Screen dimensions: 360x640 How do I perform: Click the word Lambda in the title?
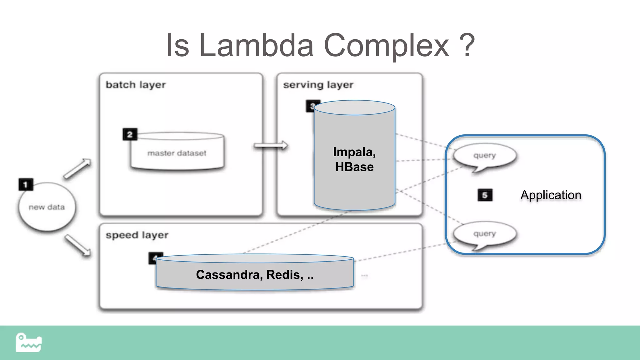tap(256, 46)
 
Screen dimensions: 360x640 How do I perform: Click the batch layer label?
tap(136, 85)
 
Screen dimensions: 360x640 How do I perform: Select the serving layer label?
tap(318, 85)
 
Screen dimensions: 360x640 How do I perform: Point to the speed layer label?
tap(137, 235)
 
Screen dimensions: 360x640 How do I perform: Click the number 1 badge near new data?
tap(26, 184)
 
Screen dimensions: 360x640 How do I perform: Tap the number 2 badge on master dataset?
tap(130, 134)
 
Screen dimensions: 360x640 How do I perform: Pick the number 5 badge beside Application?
tap(485, 195)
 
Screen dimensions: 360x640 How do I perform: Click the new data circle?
tap(47, 207)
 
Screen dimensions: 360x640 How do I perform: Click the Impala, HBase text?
tap(354, 159)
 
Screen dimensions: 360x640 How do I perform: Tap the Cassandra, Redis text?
tap(255, 275)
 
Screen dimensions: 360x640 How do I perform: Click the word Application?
tap(551, 195)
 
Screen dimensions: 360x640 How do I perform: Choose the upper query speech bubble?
tap(485, 156)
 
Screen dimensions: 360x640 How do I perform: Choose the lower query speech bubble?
tap(485, 234)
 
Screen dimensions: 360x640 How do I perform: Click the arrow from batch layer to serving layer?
tap(271, 145)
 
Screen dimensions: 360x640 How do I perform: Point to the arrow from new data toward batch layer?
tap(77, 169)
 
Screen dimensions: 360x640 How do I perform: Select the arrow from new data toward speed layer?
tap(78, 246)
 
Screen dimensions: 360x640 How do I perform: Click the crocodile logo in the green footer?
tap(28, 343)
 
